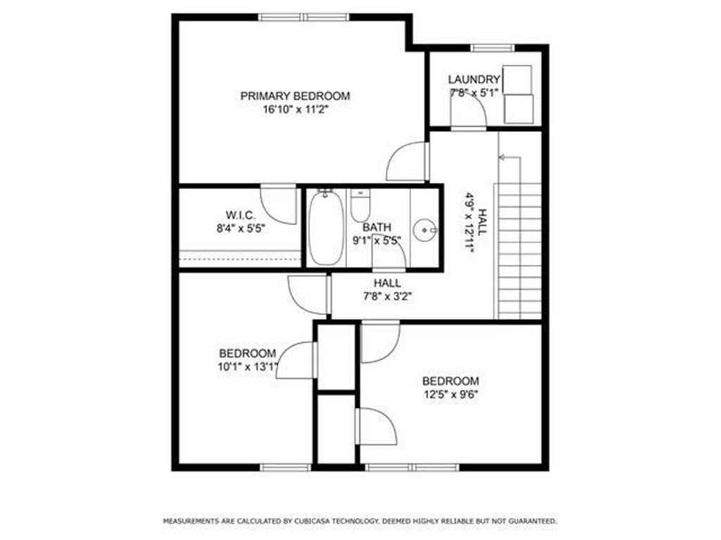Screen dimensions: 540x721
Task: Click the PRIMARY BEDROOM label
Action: coord(295,96)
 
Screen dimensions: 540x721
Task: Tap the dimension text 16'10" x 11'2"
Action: coord(295,109)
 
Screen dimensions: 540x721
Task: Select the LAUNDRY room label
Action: coord(474,79)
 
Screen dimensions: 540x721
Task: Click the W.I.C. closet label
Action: coord(240,214)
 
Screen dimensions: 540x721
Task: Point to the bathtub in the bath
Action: coord(325,227)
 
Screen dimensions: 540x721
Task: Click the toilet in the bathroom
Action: coord(360,205)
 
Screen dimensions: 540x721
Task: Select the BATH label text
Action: coord(377,227)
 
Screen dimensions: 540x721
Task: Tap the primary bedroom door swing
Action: coord(408,162)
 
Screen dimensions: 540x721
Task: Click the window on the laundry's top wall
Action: coord(494,48)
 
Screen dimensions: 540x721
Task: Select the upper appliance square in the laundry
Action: coord(519,78)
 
